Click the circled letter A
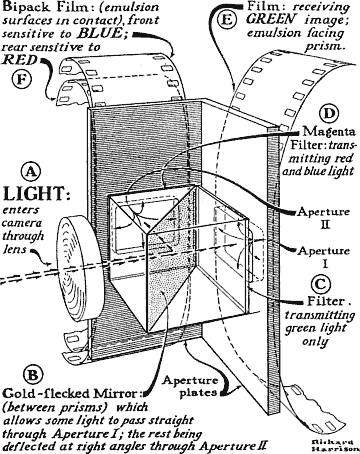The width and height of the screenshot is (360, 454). (31, 172)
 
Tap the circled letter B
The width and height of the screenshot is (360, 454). (33, 376)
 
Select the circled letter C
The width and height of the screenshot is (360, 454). (321, 284)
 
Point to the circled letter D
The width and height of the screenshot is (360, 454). (328, 114)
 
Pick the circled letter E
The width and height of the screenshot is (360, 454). (226, 19)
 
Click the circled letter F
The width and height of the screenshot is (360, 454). (22, 79)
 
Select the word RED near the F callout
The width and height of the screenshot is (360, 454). (19, 60)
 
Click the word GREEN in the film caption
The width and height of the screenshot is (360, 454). (271, 19)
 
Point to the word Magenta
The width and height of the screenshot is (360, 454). (329, 131)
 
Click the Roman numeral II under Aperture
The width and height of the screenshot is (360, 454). (325, 224)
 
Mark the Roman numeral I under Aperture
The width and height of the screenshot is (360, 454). (325, 264)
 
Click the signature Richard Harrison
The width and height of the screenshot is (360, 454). (331, 446)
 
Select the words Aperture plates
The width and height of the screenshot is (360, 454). (191, 387)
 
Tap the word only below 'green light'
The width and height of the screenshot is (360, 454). (315, 342)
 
